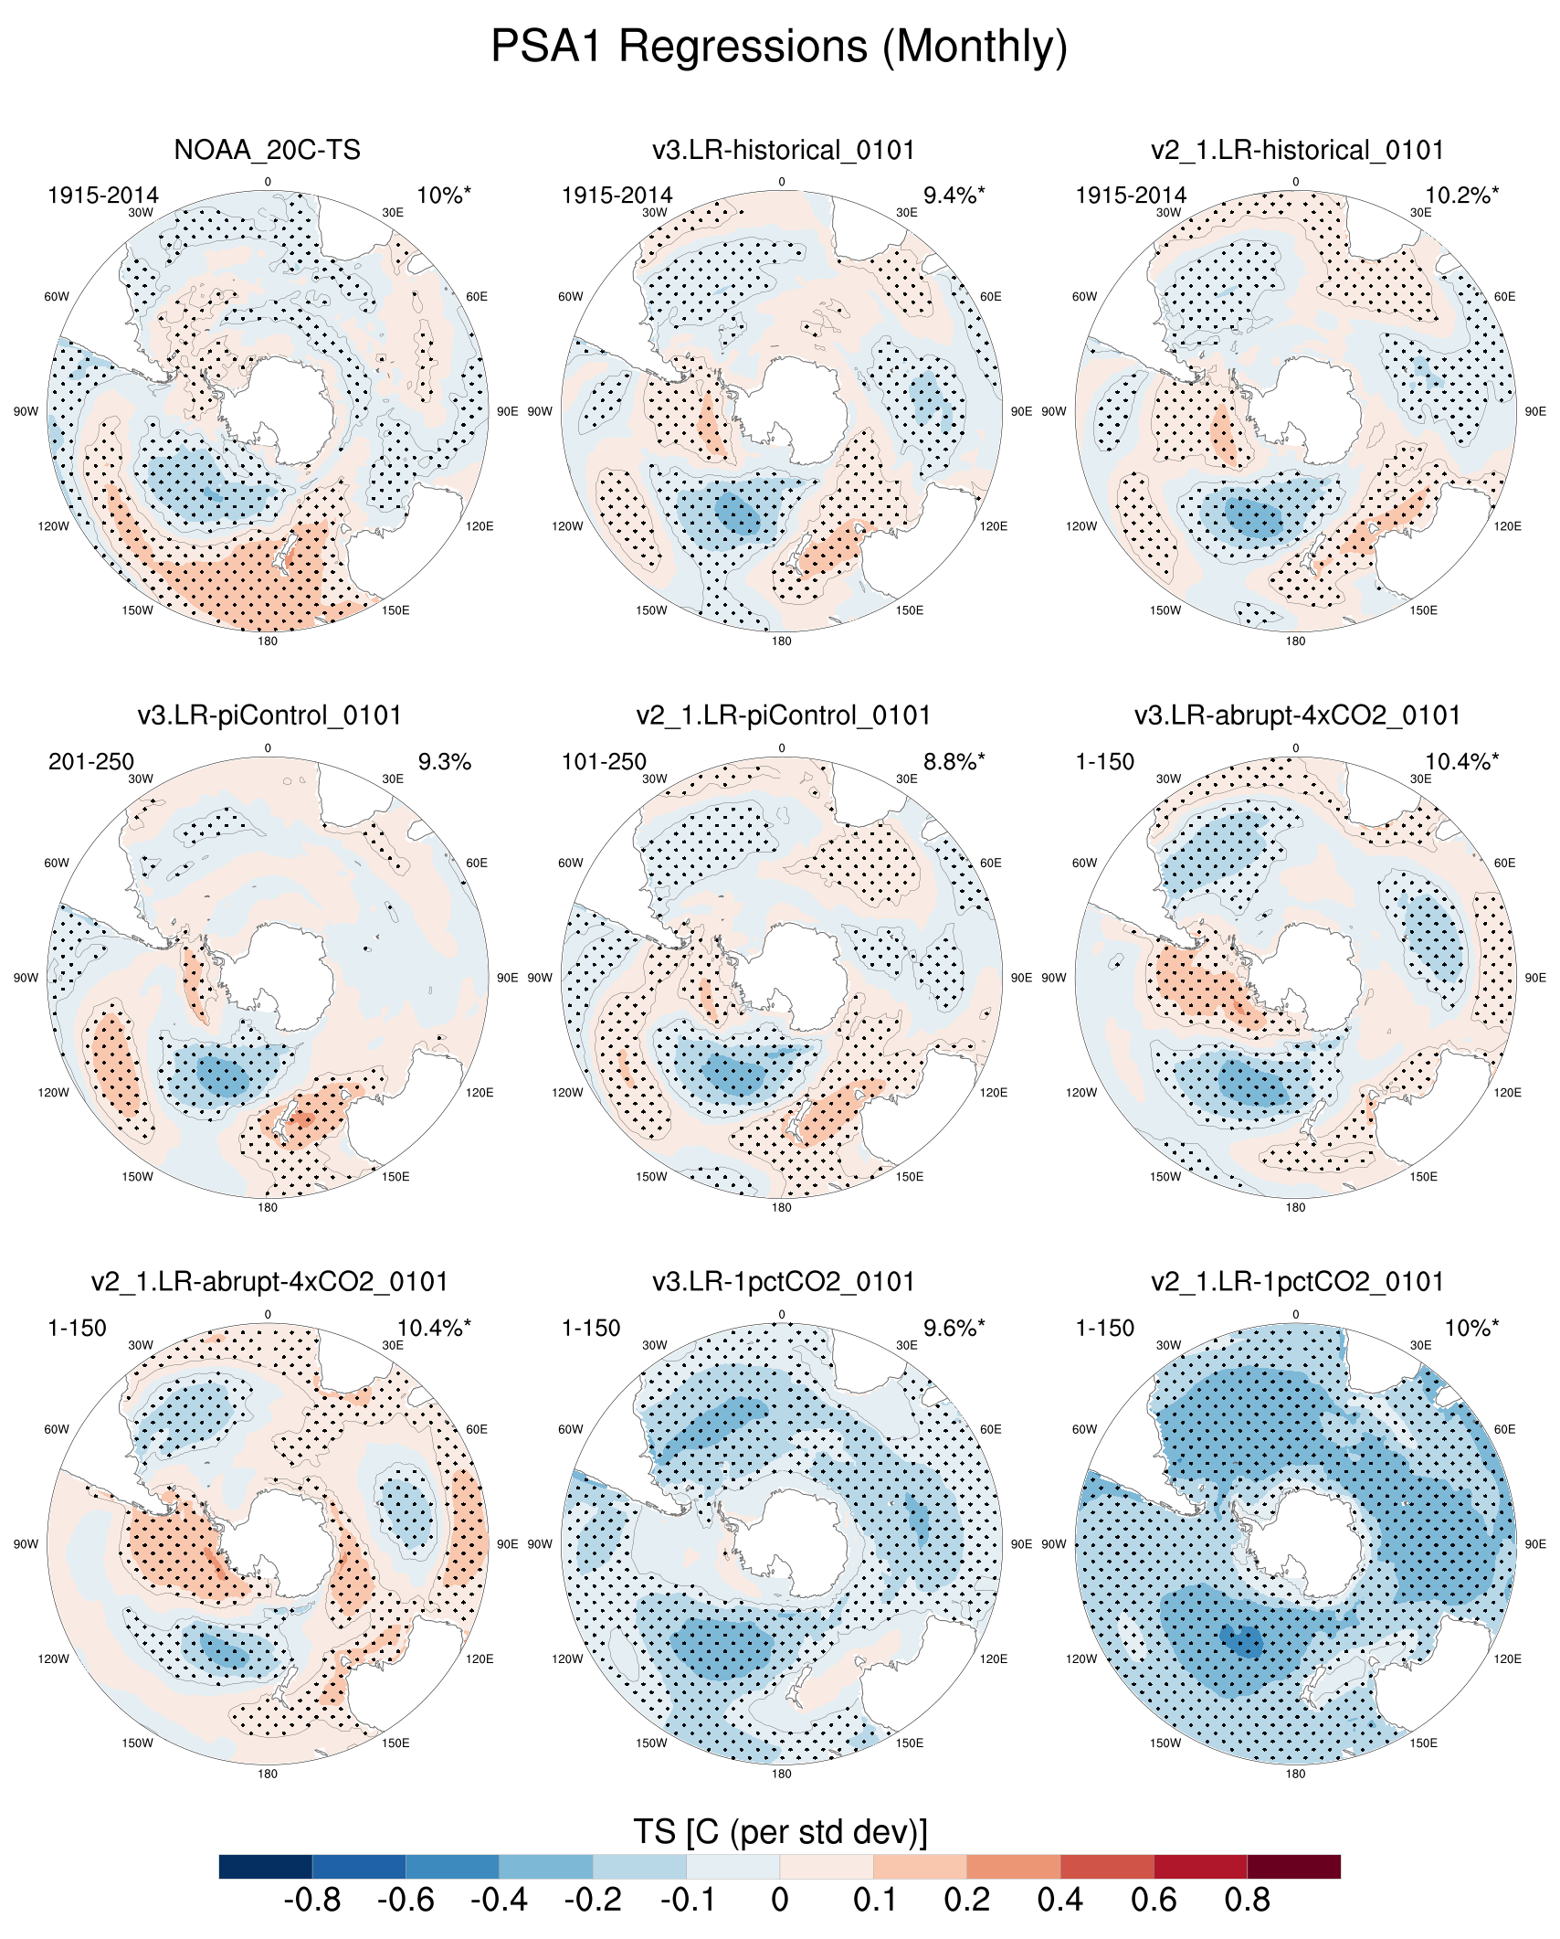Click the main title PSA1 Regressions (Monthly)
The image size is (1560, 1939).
[779, 46]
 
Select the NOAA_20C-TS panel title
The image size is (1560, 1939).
[267, 150]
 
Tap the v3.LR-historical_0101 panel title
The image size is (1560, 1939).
[783, 150]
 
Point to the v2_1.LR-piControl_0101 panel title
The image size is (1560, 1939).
[783, 715]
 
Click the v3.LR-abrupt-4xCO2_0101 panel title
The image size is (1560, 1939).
[1297, 715]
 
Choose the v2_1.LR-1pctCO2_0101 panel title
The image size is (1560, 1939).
[1297, 1282]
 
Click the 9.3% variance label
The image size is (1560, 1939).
[444, 762]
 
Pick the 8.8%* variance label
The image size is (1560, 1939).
[954, 762]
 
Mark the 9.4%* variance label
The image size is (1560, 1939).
[954, 196]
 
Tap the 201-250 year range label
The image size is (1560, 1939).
[91, 762]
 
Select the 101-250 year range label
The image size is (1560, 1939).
[604, 762]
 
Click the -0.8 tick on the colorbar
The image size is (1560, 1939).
[312, 1901]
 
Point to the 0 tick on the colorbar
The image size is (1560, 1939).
[779, 1901]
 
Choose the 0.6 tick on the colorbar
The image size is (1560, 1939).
[1154, 1901]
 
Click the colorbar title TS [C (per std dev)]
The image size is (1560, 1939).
[779, 1832]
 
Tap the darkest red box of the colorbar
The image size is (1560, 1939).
[1293, 1866]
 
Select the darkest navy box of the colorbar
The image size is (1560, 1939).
[266, 1866]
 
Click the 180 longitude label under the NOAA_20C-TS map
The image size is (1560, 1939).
[268, 641]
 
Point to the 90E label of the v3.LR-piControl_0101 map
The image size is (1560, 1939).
[507, 978]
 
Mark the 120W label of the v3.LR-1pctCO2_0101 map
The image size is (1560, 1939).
[567, 1658]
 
